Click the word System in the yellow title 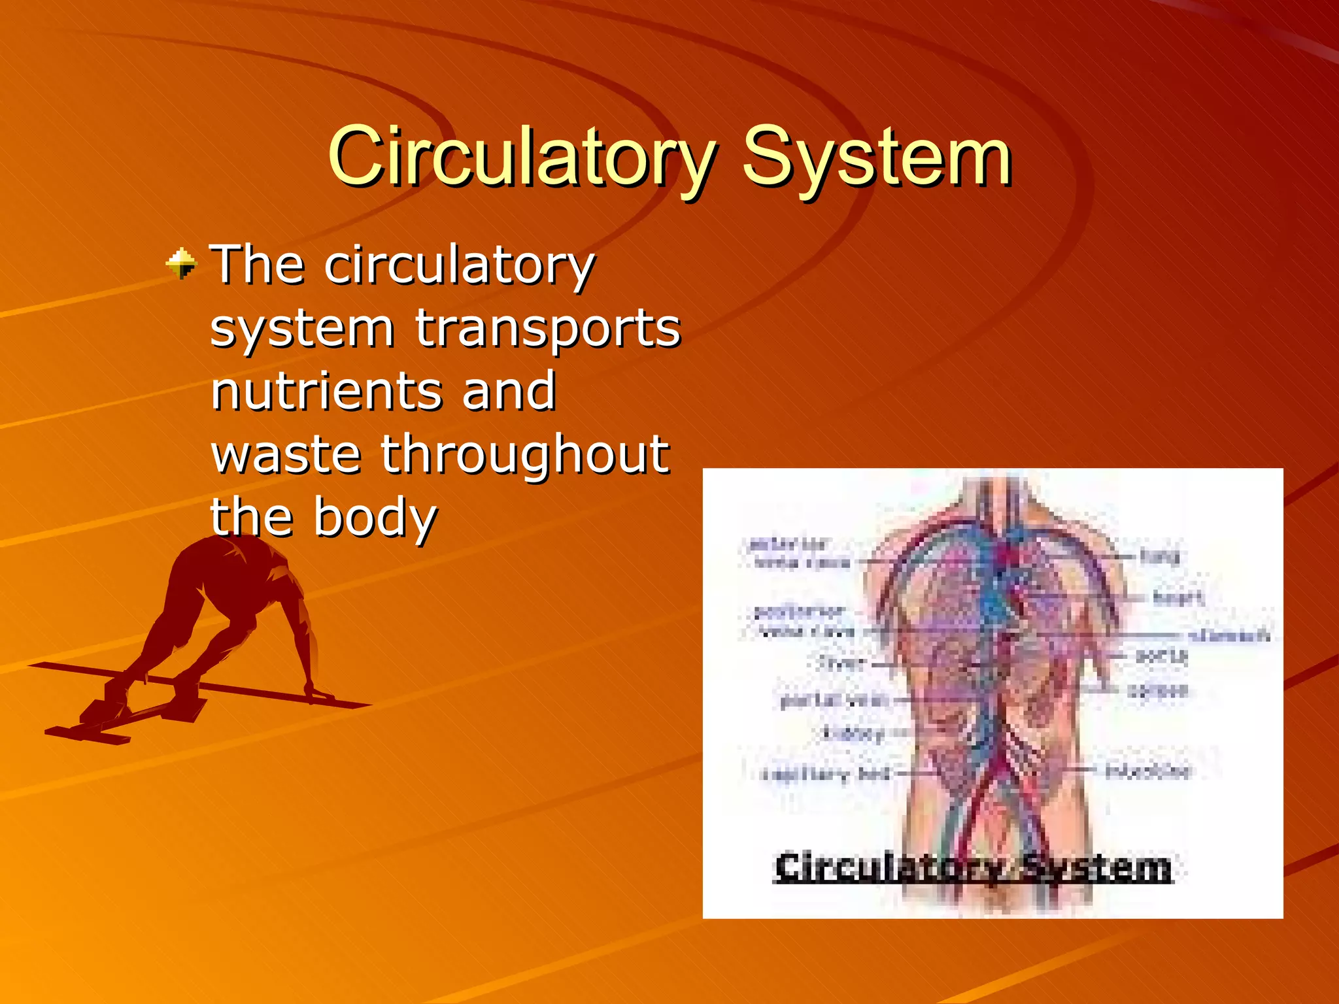click(x=877, y=157)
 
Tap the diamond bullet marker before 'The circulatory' click(x=181, y=263)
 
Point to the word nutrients click(x=325, y=390)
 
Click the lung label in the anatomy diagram click(x=1159, y=556)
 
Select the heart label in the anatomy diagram click(x=1178, y=597)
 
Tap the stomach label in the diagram click(x=1229, y=635)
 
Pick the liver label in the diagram click(x=841, y=664)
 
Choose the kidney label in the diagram click(x=854, y=733)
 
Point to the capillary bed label click(x=826, y=774)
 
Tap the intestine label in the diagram click(x=1148, y=771)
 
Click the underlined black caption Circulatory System click(x=973, y=868)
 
